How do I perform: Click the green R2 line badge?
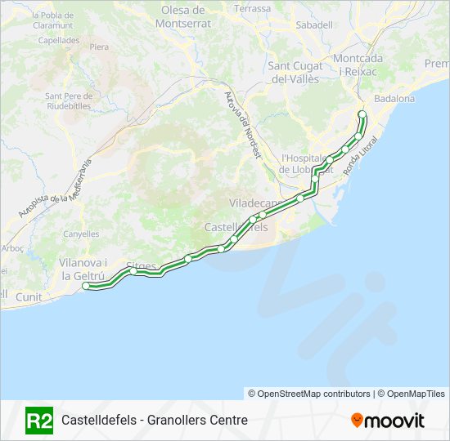tap(39, 420)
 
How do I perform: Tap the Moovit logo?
tap(388, 421)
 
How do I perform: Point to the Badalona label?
tap(394, 99)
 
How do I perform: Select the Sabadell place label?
tap(314, 25)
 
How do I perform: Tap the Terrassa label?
tap(252, 8)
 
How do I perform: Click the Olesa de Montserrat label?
tap(186, 16)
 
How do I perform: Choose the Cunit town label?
tap(29, 297)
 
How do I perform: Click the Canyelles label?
tap(81, 234)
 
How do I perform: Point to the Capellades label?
tap(58, 39)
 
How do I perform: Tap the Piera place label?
tap(99, 47)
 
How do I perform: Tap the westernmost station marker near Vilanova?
tap(87, 286)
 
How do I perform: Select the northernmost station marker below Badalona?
tap(362, 114)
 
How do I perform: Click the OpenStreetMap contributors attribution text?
tap(309, 394)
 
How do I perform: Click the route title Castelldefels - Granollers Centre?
tap(154, 421)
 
